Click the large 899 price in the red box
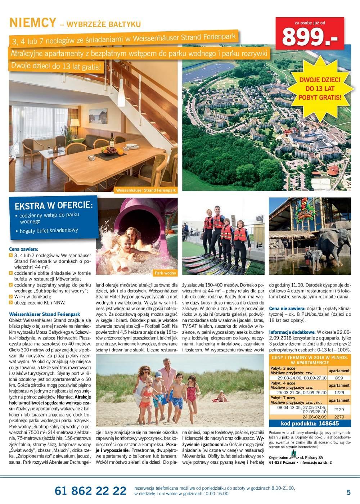tap(309, 36)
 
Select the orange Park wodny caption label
tap(165, 273)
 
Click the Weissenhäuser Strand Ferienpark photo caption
tap(146, 190)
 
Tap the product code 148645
tap(310, 423)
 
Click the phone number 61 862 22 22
tap(90, 491)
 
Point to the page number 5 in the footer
tap(348, 492)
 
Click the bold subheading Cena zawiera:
tap(23, 249)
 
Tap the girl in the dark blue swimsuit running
tap(192, 395)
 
